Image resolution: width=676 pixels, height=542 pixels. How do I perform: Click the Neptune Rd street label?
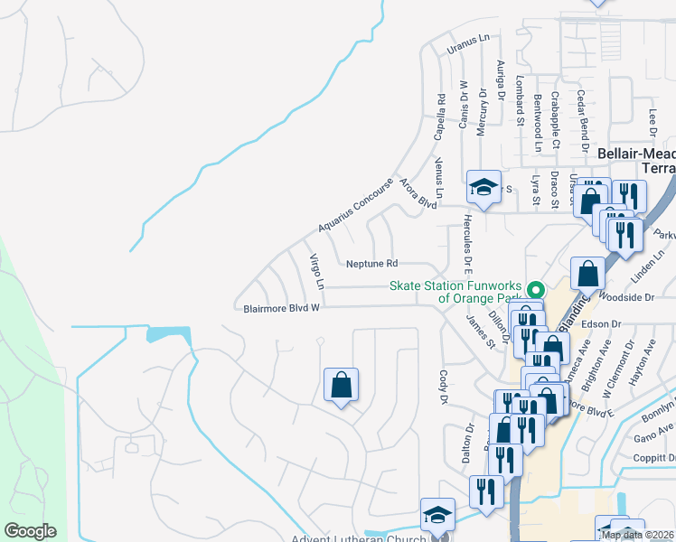coord(371,264)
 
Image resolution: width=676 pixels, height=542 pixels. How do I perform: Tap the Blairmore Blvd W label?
coord(282,308)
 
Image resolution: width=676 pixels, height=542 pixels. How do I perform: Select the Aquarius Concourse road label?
coord(356,204)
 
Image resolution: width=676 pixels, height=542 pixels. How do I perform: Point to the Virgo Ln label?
coord(316,271)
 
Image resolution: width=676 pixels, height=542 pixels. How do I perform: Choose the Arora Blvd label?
coord(418,194)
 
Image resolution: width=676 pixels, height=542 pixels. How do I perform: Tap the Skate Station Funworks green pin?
coord(535,291)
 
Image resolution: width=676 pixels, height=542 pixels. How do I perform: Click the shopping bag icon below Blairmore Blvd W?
coord(341,385)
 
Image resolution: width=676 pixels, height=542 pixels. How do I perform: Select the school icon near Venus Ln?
coord(484,188)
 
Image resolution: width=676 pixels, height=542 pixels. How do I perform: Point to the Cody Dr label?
coord(444,387)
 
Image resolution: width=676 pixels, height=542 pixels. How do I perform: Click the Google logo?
coord(30,531)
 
